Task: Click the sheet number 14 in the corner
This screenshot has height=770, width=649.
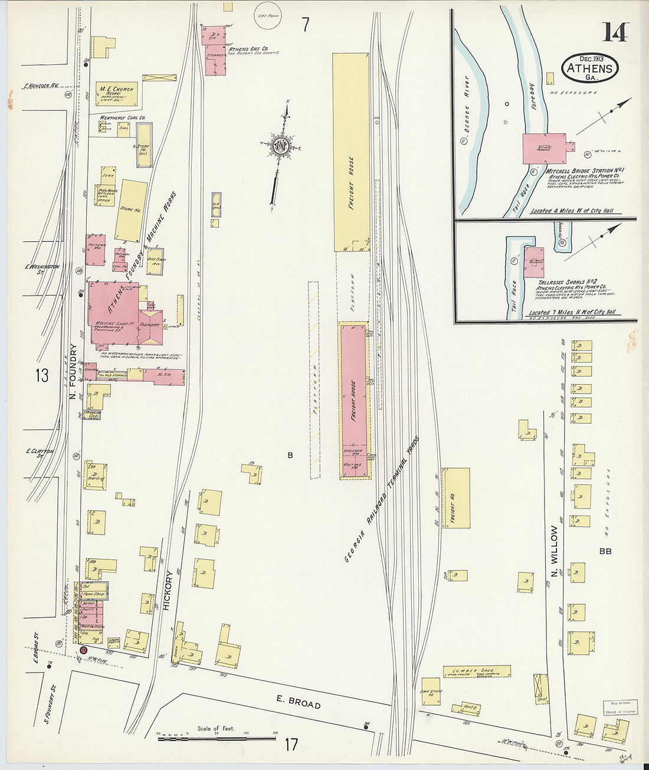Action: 615,32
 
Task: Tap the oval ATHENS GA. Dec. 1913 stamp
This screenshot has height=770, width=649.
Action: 591,67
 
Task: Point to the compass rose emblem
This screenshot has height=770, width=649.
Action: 281,146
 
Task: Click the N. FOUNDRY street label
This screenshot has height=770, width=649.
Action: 74,372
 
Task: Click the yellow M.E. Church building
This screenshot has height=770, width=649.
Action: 116,93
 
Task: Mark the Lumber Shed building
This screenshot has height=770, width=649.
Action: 477,671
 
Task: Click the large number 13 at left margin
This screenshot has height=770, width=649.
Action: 41,375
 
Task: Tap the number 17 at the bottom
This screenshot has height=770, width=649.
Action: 291,745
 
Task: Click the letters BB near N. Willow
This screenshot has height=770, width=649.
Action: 604,552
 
